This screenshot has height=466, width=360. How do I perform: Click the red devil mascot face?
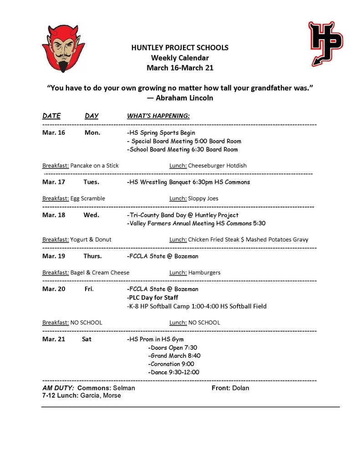(64, 48)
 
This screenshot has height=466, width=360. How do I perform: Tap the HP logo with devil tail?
(325, 43)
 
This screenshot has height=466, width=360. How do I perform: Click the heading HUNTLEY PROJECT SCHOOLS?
(180, 47)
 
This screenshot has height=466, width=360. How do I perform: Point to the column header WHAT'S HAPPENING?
(158, 116)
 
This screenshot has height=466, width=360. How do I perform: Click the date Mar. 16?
(54, 133)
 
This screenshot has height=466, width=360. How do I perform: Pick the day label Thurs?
(92, 256)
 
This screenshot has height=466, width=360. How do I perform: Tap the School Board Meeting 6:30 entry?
(182, 149)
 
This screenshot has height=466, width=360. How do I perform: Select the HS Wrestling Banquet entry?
(188, 182)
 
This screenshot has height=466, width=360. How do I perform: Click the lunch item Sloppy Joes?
(203, 198)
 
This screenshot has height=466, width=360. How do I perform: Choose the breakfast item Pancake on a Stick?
(94, 166)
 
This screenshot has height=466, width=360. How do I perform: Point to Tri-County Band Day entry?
(183, 215)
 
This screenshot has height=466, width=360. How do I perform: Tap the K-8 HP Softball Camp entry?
(197, 306)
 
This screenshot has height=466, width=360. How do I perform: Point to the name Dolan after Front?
(240, 388)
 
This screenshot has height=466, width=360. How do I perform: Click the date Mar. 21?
(54, 339)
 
